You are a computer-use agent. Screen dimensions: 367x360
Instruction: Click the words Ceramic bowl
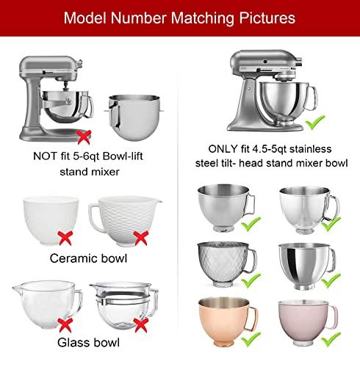tap(88, 258)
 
